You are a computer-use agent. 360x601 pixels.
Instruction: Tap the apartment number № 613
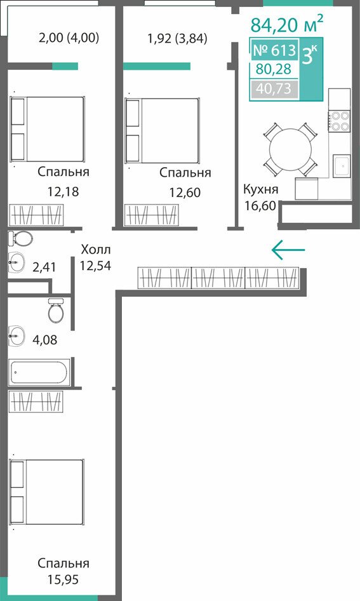274,50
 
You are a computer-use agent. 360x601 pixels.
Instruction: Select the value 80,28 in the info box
274,69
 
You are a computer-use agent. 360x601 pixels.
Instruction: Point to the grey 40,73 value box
274,89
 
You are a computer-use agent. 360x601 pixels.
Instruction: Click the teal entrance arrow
288,250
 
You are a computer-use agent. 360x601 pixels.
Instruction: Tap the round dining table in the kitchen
291,148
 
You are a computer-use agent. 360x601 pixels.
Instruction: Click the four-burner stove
340,121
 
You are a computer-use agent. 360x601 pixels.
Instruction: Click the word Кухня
261,189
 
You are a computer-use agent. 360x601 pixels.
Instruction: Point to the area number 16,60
260,206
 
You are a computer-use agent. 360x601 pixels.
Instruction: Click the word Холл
96,250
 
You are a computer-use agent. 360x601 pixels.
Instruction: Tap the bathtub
39,372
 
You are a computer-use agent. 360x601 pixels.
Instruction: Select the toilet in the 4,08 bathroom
57,309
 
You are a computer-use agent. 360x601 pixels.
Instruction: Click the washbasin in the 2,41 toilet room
16,262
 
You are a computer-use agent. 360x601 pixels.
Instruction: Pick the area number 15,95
63,579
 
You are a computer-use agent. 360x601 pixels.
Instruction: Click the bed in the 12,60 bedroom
163,130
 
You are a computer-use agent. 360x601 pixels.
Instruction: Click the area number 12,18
63,191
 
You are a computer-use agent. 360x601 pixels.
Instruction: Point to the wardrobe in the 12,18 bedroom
36,215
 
